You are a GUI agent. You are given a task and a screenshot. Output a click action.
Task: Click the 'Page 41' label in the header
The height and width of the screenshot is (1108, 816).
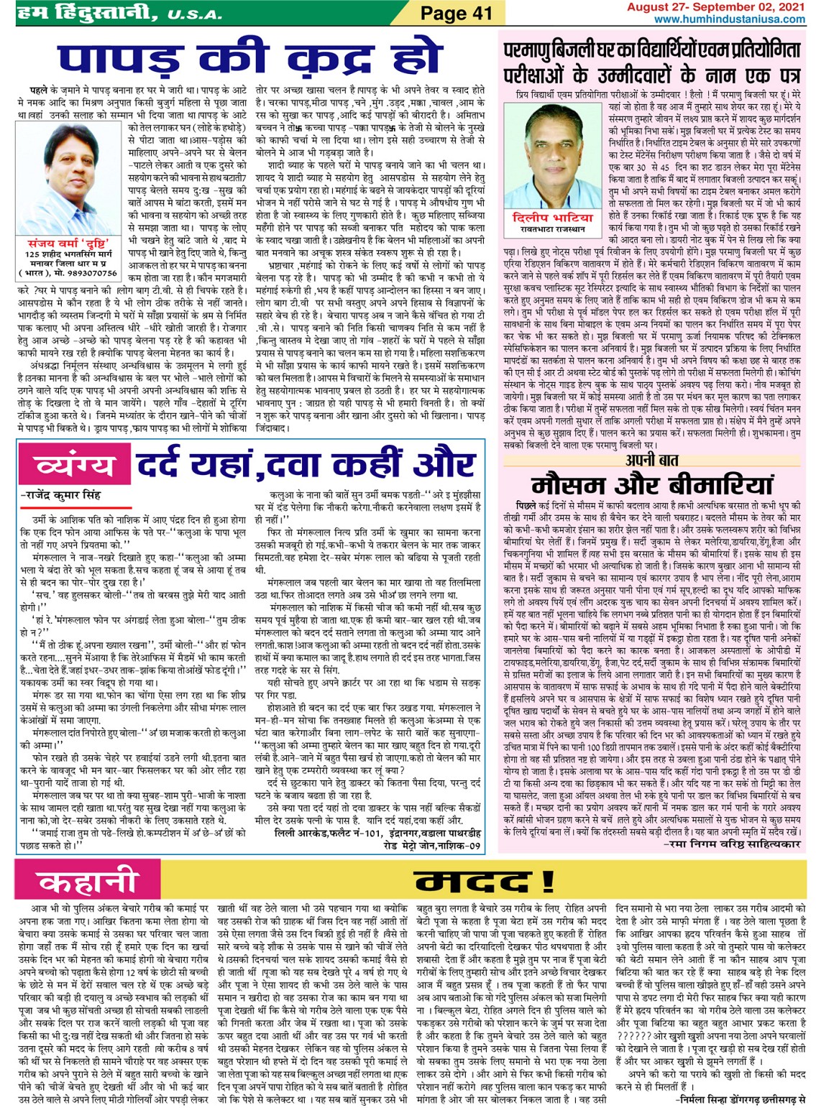pos(456,12)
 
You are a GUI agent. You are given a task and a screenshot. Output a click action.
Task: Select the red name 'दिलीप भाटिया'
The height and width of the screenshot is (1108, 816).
pos(553,217)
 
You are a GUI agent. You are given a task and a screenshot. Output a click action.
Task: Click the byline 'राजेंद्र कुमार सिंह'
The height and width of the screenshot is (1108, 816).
pos(61,495)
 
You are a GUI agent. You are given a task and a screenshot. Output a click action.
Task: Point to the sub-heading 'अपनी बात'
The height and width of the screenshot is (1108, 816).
pos(651,460)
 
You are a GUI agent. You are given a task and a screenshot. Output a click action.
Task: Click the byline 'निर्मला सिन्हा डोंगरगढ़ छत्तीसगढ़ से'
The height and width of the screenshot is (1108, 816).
pos(741,1099)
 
